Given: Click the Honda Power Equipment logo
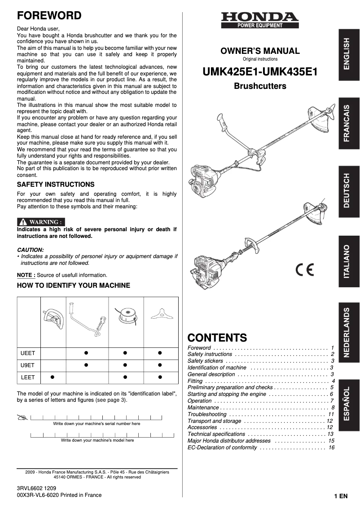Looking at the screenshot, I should [259, 20].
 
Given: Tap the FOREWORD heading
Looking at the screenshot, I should [49, 16].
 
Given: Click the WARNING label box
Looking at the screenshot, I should [41, 222].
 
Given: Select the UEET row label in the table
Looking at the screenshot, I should [28, 353].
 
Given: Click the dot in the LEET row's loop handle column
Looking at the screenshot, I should [53, 377].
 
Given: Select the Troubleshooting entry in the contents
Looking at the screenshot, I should [206, 414].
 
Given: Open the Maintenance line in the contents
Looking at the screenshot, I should [203, 408].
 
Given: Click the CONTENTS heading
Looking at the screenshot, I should [217, 338].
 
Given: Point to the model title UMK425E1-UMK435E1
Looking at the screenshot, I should [260, 71].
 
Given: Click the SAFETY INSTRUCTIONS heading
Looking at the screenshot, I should [56, 184].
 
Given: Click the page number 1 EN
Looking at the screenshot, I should [341, 496].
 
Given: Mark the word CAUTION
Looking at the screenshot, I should [30, 250].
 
